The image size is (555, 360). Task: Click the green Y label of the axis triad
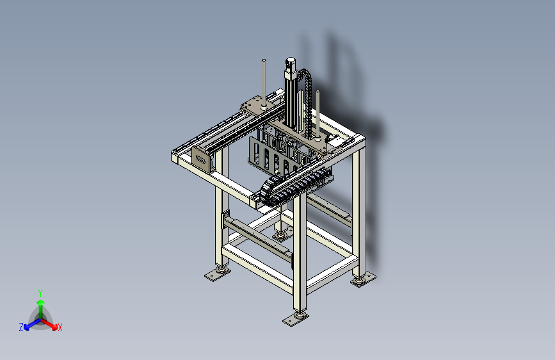pyautogui.click(x=40, y=293)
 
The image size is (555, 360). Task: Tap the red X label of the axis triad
pyautogui.click(x=60, y=327)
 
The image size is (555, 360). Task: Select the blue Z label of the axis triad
pyautogui.click(x=21, y=327)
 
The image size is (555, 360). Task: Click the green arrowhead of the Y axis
pyautogui.click(x=41, y=302)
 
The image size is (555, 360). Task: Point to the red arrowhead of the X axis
pyautogui.click(x=54, y=327)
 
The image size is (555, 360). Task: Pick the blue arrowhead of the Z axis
pyautogui.click(x=27, y=327)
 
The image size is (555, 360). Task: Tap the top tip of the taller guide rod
pyautogui.click(x=264, y=60)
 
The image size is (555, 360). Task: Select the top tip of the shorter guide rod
pyautogui.click(x=318, y=92)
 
